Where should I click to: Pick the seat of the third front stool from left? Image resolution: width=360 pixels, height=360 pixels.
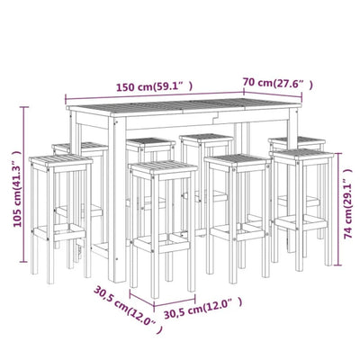point(237,163)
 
